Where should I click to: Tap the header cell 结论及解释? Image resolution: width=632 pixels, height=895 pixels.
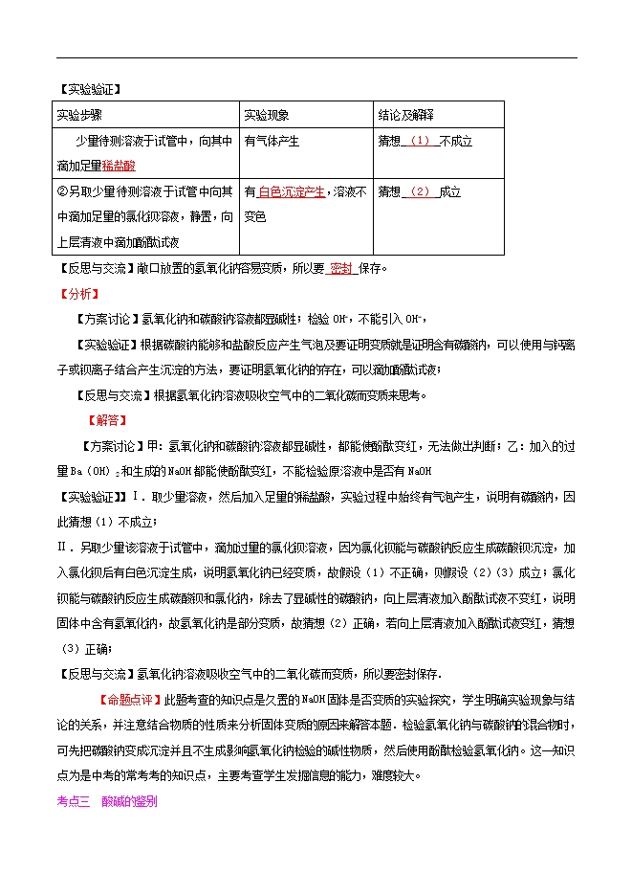(405, 115)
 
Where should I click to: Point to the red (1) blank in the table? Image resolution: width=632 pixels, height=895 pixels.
(422, 141)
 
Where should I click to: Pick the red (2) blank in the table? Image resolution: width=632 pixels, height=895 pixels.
(420, 191)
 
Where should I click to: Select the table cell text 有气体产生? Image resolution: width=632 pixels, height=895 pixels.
(272, 141)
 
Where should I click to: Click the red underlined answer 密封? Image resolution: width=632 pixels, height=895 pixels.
(341, 268)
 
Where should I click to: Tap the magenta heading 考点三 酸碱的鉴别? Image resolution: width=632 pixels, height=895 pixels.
(107, 801)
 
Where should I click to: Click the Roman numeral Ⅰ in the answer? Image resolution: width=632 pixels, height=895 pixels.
(139, 496)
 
